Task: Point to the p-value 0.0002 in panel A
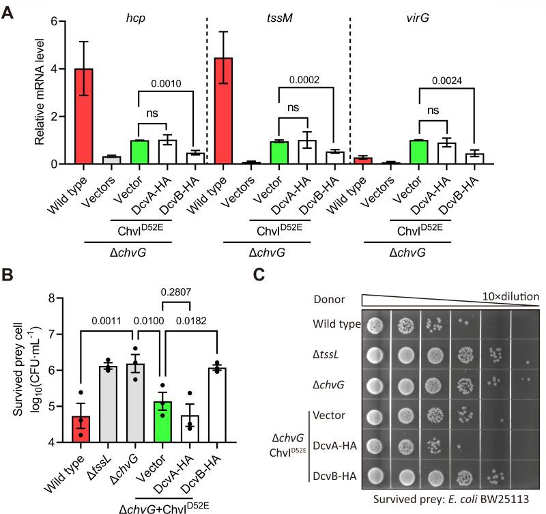tap(305, 79)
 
